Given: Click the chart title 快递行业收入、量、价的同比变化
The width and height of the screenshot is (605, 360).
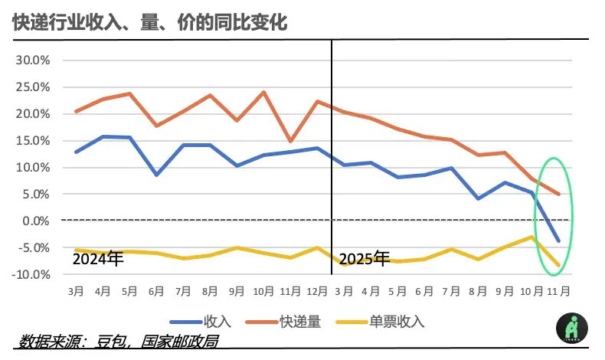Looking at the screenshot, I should (x=150, y=23).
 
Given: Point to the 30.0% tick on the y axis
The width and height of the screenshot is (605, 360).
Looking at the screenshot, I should (x=33, y=61).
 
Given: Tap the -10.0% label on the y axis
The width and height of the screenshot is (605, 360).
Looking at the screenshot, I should (x=32, y=274).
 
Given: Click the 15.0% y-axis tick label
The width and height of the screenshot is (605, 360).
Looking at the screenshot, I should (x=33, y=141).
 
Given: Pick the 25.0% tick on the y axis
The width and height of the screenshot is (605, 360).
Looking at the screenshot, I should (x=33, y=87).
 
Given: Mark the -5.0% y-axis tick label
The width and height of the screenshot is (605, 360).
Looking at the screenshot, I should (x=34, y=247).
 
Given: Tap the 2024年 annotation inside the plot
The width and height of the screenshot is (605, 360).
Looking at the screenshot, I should (x=97, y=259).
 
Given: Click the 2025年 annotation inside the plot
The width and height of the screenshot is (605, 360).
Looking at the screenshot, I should (x=364, y=259).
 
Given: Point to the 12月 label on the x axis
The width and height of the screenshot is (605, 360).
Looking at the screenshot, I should (x=317, y=292).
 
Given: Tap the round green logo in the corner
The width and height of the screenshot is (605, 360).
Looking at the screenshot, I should (x=572, y=329).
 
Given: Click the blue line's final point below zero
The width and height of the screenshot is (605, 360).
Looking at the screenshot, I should (x=559, y=241).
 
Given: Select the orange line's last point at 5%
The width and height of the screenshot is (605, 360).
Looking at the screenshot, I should (x=559, y=195).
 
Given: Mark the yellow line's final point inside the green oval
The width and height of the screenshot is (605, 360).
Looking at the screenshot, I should (x=559, y=266).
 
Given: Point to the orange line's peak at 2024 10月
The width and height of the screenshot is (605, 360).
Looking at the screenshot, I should (x=264, y=93).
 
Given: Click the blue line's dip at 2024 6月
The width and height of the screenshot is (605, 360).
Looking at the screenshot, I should (x=156, y=175).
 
